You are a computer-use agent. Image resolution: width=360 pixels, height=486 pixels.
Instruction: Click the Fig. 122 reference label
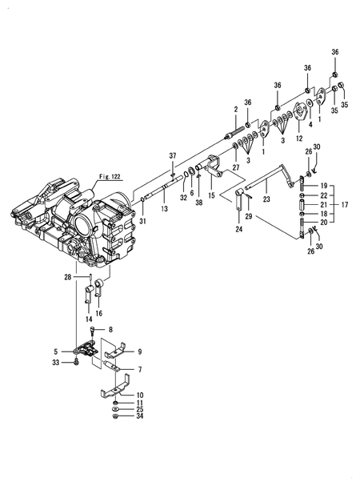pos(86,175)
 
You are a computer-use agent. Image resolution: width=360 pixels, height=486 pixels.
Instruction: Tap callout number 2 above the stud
pos(236,109)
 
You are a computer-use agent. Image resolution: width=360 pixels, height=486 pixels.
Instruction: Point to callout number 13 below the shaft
pos(164,208)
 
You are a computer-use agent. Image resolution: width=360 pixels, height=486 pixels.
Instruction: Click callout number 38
pos(199,203)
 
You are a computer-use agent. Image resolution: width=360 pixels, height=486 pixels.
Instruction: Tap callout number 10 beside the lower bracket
pos(140,395)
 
